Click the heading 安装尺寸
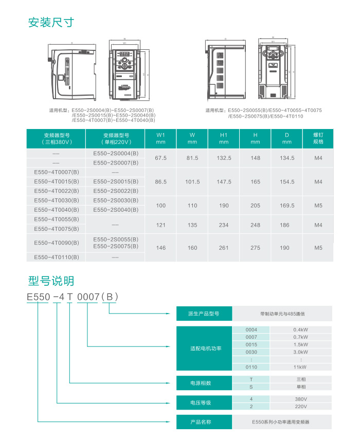point(51,22)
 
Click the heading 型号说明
point(51,281)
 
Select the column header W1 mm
point(161,138)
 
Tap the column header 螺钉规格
point(318,138)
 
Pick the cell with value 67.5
point(161,158)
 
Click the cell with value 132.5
point(224,158)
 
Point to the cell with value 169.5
point(287,205)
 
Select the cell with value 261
point(224,248)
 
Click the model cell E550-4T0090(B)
point(57,243)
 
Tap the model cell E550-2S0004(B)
point(116,153)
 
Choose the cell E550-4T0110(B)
point(57,257)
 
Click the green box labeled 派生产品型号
point(205,314)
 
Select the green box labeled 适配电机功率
point(205,348)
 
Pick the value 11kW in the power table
point(300,367)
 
